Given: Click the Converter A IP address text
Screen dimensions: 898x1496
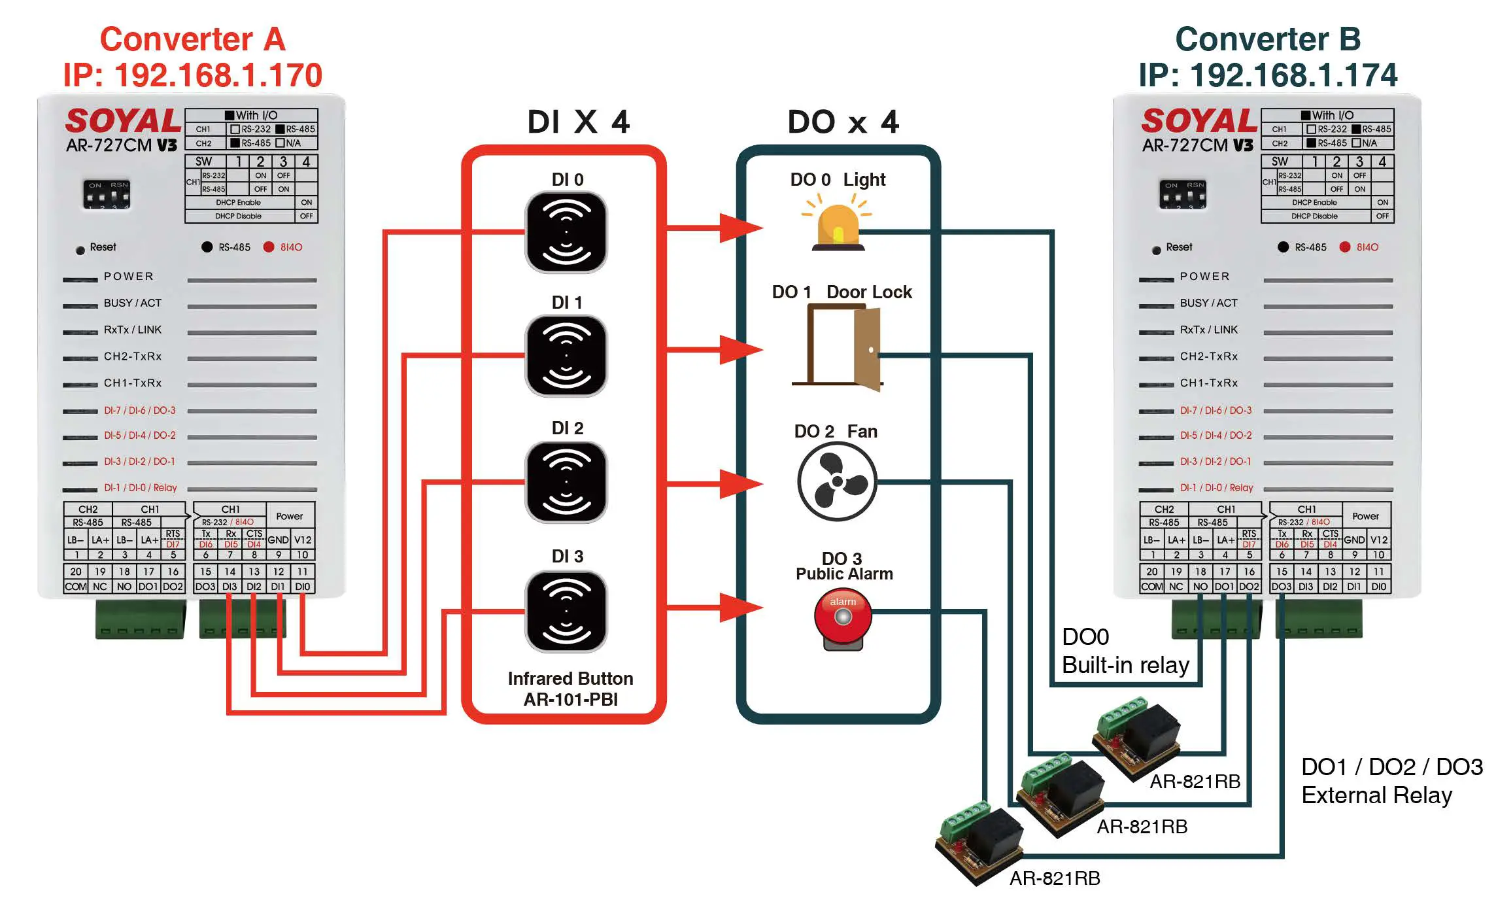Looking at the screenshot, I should (x=192, y=75).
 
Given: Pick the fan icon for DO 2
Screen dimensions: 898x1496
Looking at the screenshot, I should (x=837, y=482).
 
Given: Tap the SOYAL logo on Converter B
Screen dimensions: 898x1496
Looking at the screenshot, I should (x=1199, y=121).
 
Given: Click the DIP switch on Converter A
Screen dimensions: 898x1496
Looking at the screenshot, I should (x=107, y=195).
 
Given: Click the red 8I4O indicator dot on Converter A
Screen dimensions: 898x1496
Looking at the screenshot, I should (x=269, y=247).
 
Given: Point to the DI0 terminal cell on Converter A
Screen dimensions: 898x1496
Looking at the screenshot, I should (x=303, y=587).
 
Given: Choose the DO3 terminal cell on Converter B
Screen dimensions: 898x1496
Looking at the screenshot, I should (x=1282, y=587).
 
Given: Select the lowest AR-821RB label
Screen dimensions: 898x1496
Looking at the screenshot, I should (x=1055, y=878).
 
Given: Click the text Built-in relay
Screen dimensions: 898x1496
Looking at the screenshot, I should (x=1125, y=665).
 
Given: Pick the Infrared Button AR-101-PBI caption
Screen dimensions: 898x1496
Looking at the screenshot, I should (x=570, y=689).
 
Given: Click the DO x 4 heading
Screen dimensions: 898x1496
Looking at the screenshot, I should (x=843, y=122).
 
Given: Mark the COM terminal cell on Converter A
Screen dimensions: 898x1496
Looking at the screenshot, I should (x=75, y=587).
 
